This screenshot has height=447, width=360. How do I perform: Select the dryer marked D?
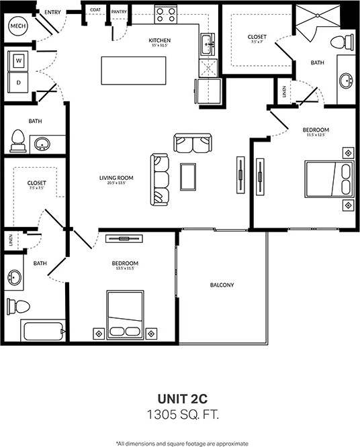point(18,83)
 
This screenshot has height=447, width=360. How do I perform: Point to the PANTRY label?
point(120,11)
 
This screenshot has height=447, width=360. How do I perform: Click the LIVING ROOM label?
point(116,178)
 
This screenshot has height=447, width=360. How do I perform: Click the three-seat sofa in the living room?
point(160,179)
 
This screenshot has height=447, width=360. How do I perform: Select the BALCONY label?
point(222,285)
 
